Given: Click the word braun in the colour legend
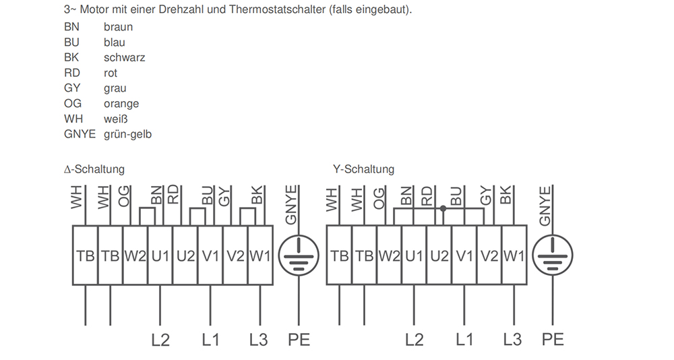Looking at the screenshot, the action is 118,27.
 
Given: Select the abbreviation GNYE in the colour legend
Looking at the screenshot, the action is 80,134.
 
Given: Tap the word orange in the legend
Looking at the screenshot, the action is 121,104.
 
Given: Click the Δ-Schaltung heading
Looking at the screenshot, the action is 94,169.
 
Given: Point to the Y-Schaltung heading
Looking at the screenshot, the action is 364,169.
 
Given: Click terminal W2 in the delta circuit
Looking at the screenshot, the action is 135,256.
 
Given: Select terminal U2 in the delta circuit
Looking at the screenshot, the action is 185,256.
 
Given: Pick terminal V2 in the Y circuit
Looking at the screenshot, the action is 489,256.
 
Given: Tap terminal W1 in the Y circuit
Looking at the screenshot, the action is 514,256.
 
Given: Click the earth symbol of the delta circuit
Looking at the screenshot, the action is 299,255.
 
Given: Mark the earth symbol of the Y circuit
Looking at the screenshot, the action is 553,255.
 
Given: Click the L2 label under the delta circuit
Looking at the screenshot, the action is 160,340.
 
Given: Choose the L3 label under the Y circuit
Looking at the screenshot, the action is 512,339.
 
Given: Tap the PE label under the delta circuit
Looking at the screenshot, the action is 299,339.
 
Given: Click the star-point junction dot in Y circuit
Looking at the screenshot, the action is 443,208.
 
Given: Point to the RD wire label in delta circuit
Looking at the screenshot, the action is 173,194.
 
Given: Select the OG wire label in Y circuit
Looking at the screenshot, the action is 378,198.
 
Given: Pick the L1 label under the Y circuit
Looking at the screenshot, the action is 464,339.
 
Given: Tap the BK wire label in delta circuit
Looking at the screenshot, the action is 257,195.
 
